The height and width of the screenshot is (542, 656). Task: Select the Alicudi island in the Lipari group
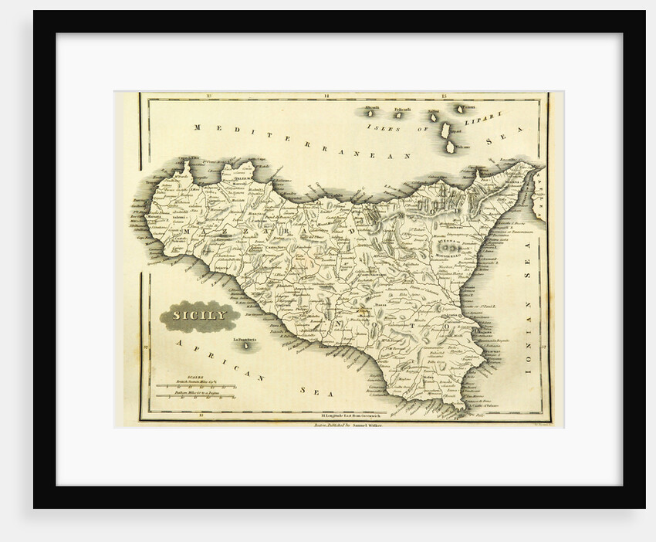click(x=368, y=112)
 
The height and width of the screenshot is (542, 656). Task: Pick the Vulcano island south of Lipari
click(x=450, y=145)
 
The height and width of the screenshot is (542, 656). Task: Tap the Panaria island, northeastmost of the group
click(x=465, y=110)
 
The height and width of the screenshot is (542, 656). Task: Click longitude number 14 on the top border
click(x=326, y=97)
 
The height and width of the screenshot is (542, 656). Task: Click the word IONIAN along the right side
click(x=529, y=346)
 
